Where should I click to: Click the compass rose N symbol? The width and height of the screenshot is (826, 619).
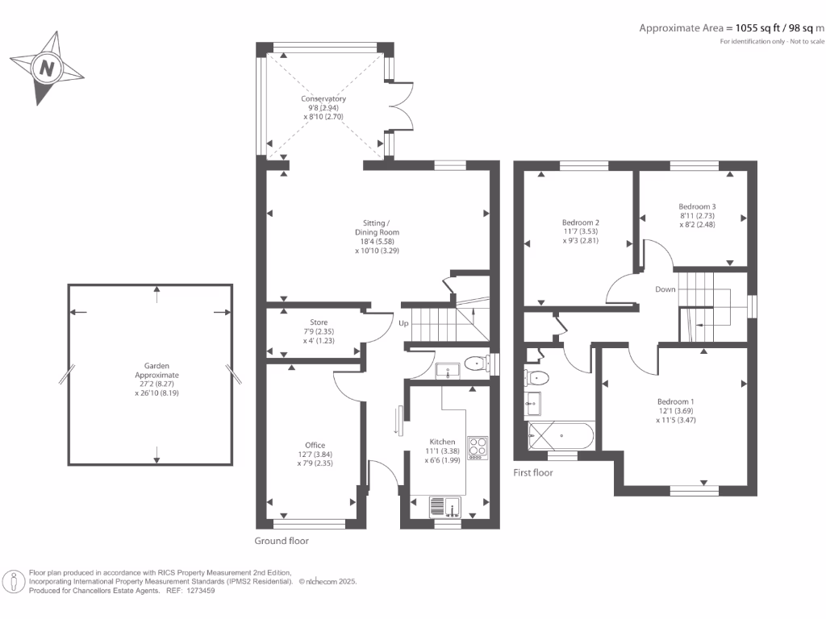[47, 69]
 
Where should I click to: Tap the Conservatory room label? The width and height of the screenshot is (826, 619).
[323, 99]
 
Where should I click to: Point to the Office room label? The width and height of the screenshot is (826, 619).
[315, 445]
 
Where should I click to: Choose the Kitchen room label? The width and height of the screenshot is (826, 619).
[442, 442]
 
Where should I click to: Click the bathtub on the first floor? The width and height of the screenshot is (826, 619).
[561, 438]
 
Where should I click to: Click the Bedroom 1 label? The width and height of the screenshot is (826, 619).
[675, 401]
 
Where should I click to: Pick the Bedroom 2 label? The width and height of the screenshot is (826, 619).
[581, 222]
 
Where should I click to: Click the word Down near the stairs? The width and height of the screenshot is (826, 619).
[665, 289]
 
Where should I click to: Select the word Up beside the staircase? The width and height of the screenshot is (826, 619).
[403, 323]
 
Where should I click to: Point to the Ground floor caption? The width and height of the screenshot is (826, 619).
[282, 541]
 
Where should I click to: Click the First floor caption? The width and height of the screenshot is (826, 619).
[533, 472]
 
